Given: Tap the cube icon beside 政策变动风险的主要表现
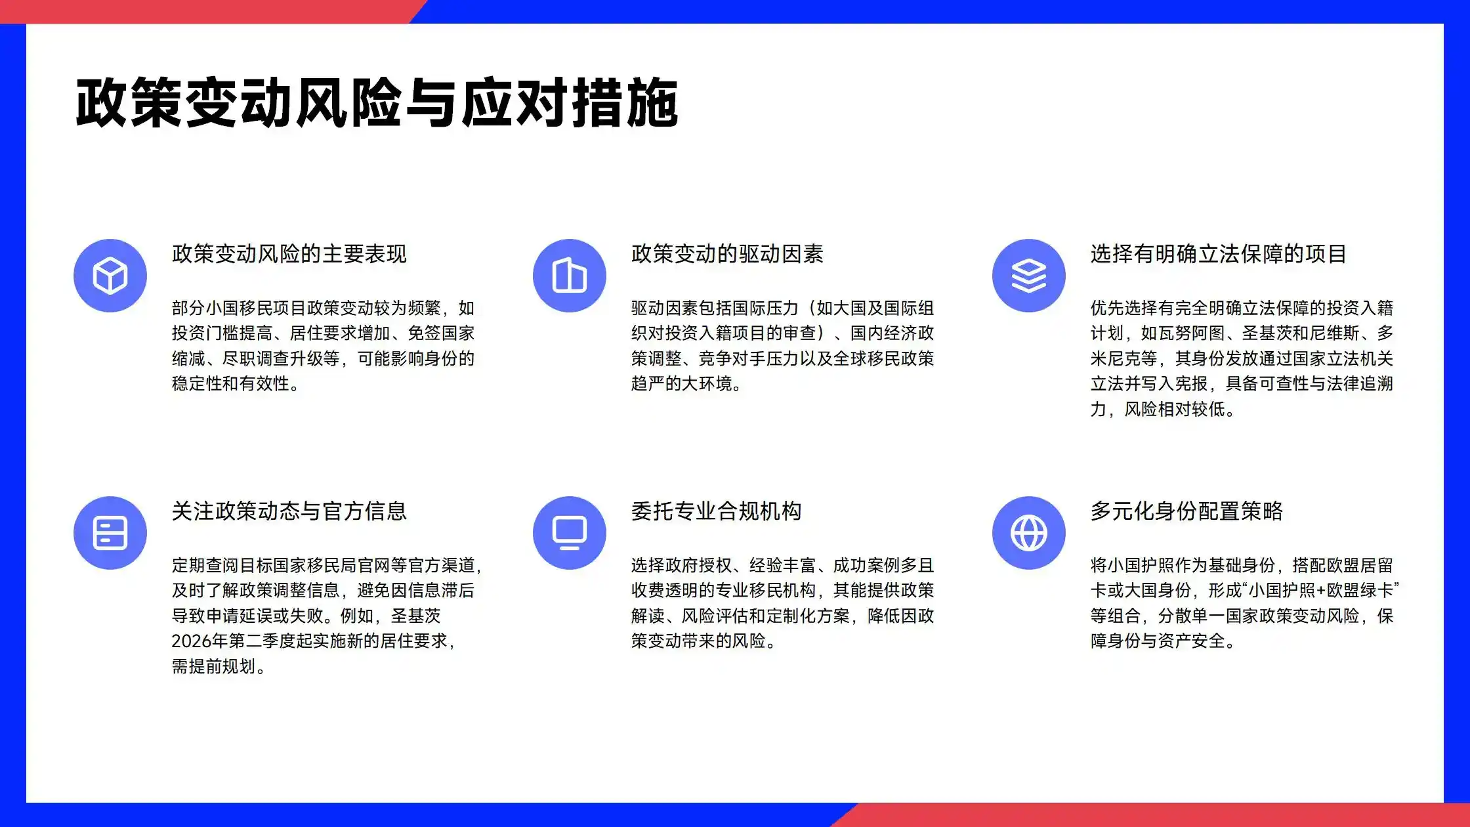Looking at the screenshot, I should [x=110, y=275].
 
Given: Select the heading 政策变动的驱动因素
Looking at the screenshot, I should [x=727, y=254].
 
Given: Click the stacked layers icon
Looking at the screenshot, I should [x=1028, y=275].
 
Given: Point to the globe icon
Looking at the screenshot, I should [x=1028, y=532].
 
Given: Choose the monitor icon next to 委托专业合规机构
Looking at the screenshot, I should [x=569, y=532].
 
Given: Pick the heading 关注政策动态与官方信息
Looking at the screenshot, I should [x=289, y=511].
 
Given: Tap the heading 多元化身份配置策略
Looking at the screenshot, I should [x=1186, y=511].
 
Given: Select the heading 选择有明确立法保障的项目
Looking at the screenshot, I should [x=1219, y=254].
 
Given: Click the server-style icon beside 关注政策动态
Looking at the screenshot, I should [x=110, y=532].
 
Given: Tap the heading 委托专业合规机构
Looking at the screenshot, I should [x=716, y=511].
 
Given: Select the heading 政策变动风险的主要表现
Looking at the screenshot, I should [x=289, y=254].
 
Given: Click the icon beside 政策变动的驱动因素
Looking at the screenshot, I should [x=569, y=275].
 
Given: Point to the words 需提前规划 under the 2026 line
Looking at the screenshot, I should [x=213, y=667].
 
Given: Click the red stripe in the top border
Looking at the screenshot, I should [x=197, y=11].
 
